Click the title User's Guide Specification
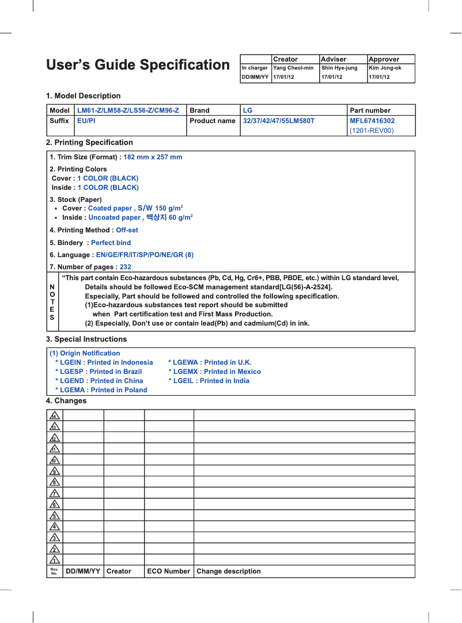click(x=138, y=65)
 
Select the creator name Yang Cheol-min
click(x=293, y=68)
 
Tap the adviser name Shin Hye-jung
click(x=339, y=68)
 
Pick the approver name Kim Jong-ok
click(x=385, y=68)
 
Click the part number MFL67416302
click(x=372, y=121)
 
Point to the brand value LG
click(x=248, y=110)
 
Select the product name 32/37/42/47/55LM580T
click(x=279, y=121)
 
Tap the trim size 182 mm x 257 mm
click(x=153, y=157)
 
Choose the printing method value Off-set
click(x=127, y=230)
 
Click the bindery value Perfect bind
click(x=111, y=243)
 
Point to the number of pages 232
click(x=125, y=267)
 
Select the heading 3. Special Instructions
click(x=86, y=339)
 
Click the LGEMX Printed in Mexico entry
click(x=214, y=372)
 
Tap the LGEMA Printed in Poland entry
click(x=101, y=390)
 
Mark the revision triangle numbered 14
click(x=54, y=415)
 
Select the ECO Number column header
click(x=168, y=571)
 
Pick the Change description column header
click(x=229, y=571)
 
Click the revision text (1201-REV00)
click(x=372, y=131)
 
